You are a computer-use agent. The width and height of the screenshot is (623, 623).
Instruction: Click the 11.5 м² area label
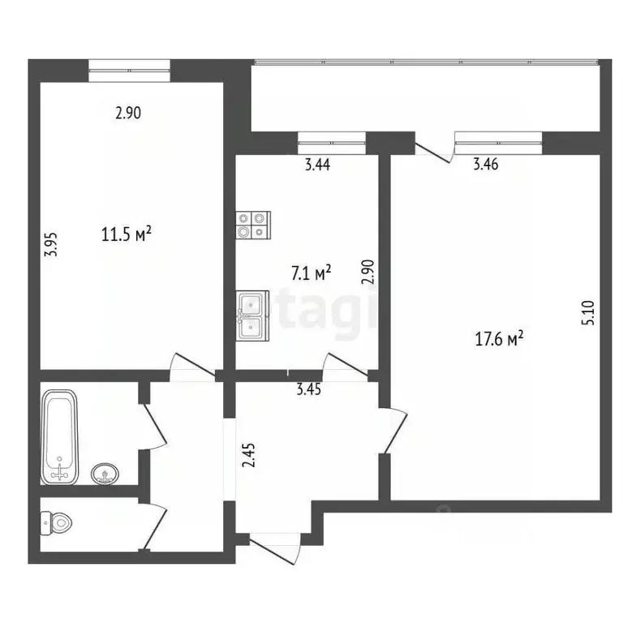[x=127, y=235]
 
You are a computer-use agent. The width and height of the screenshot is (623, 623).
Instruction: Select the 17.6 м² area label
[x=498, y=342]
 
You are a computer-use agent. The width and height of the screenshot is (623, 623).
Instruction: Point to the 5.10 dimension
[x=590, y=314]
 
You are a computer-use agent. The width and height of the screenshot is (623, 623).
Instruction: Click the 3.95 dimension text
[x=49, y=245]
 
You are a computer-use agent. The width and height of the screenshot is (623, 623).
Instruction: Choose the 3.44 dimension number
[x=317, y=165]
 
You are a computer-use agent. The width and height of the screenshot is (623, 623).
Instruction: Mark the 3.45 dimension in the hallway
[x=309, y=389]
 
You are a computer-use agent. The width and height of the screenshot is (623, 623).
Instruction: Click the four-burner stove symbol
[x=252, y=224]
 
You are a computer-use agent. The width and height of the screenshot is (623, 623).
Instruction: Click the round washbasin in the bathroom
[x=104, y=473]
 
